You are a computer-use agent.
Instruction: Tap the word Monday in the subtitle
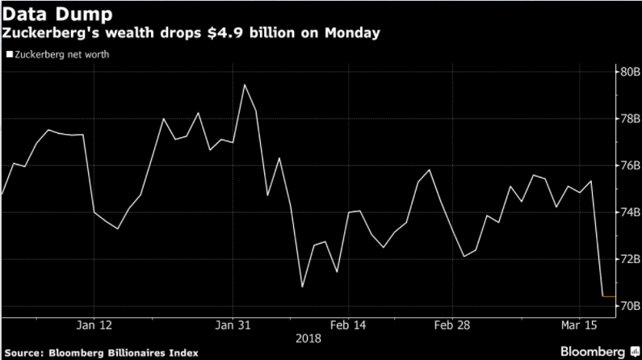[355, 34]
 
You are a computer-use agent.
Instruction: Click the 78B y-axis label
[629, 119]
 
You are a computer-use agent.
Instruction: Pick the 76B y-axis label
[629, 165]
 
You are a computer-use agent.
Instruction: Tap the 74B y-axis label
[629, 212]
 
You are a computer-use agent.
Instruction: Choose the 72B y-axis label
[629, 259]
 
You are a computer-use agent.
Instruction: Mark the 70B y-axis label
[629, 306]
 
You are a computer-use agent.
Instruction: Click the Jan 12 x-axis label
[94, 326]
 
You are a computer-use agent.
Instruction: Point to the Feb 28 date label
[453, 326]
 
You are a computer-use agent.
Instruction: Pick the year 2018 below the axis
[309, 340]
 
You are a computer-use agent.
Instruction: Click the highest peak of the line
[244, 84]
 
